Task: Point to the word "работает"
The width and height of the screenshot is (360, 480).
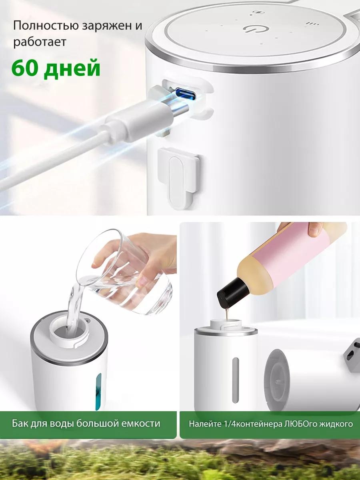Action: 40,42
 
